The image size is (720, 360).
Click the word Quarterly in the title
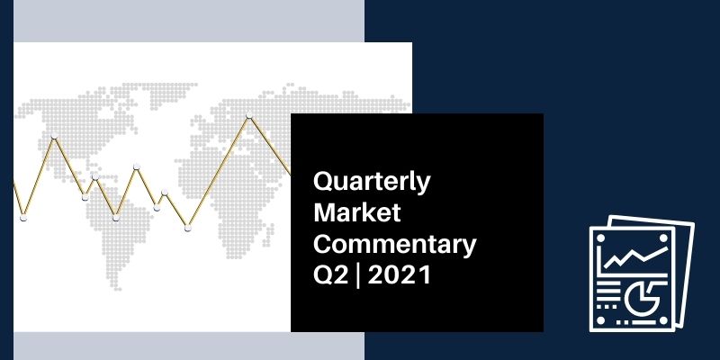click(372, 183)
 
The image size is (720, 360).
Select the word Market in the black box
click(357, 212)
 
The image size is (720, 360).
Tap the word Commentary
click(395, 245)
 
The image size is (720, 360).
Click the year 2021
click(400, 275)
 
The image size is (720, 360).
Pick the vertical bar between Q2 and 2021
click(358, 276)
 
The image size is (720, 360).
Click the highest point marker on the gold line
click(249, 115)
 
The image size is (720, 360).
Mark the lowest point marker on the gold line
click(187, 228)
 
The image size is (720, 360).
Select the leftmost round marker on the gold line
click(23, 218)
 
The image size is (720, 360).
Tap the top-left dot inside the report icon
click(600, 238)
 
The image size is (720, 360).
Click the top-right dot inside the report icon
click(663, 238)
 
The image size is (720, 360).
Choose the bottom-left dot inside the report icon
click(600, 319)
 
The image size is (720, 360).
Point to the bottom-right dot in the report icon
click(663, 319)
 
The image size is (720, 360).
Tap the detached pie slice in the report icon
click(654, 290)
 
